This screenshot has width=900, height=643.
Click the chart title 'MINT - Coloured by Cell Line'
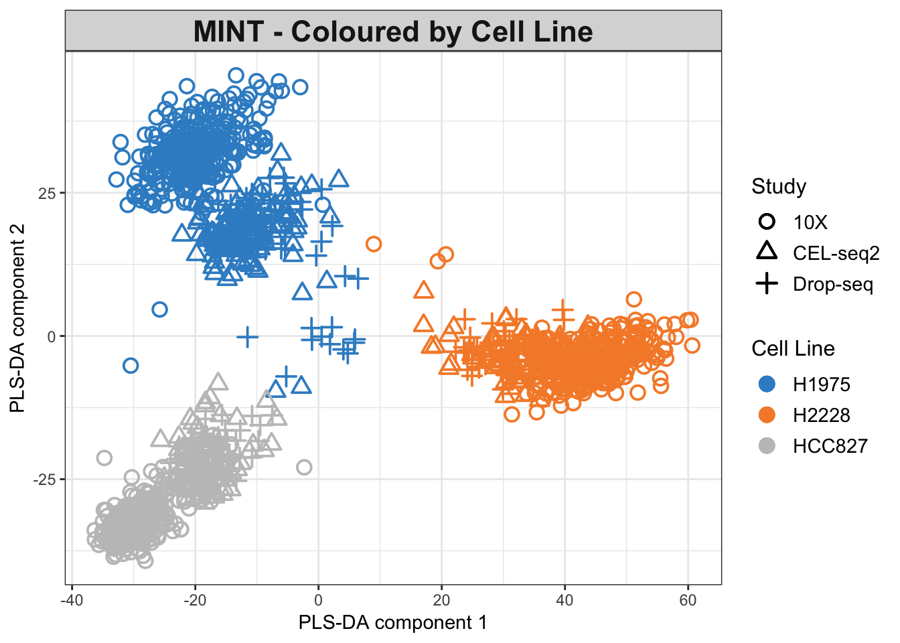pos(393,31)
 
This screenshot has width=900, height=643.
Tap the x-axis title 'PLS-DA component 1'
pos(393,623)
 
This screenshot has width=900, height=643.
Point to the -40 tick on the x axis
pos(72,600)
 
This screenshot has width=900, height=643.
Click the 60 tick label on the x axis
pos(688,600)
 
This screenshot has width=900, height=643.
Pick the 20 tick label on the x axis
pos(441,600)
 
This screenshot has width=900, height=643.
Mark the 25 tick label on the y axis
pos(47,193)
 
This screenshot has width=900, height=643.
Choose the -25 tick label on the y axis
pos(45,480)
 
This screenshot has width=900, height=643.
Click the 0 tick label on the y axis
pos(52,336)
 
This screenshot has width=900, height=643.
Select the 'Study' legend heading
pos(778,186)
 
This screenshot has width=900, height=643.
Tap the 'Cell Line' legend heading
pos(793,348)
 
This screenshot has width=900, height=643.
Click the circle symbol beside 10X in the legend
pos(767,222)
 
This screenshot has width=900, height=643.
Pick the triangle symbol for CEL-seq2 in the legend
pos(767,252)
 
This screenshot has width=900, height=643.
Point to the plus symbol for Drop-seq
pos(767,284)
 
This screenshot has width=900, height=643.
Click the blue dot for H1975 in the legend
pos(767,384)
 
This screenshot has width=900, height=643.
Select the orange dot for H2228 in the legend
pos(767,415)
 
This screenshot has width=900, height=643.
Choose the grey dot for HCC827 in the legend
pos(767,445)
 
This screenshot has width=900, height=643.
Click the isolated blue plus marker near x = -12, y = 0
pos(247,336)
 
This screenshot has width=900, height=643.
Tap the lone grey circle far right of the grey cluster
pos(304,467)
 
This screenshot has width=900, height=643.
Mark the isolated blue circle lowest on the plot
pos(131,365)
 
